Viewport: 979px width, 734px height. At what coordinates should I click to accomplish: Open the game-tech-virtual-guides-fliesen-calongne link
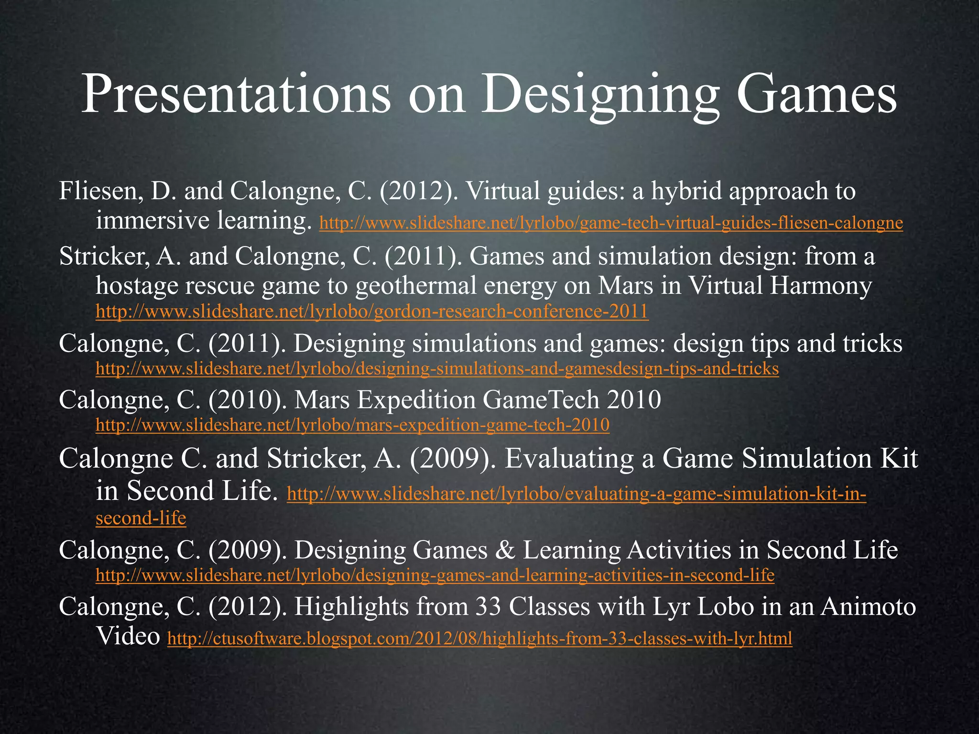611,223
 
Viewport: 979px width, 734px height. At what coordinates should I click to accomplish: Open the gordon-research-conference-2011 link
372,312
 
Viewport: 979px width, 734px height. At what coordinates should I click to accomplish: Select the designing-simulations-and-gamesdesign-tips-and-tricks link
437,368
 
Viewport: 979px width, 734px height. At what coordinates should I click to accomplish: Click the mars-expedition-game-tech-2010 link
352,425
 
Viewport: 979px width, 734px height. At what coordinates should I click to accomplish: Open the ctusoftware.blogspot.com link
479,638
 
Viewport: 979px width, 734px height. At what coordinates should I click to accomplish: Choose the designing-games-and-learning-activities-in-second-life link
435,575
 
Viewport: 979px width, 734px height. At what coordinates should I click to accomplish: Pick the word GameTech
541,399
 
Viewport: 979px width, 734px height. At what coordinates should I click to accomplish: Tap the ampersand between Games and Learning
505,550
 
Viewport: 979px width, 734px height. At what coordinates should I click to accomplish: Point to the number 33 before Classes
488,607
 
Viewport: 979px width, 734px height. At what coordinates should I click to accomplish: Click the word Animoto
868,607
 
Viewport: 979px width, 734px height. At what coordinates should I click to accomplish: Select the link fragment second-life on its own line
141,518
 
